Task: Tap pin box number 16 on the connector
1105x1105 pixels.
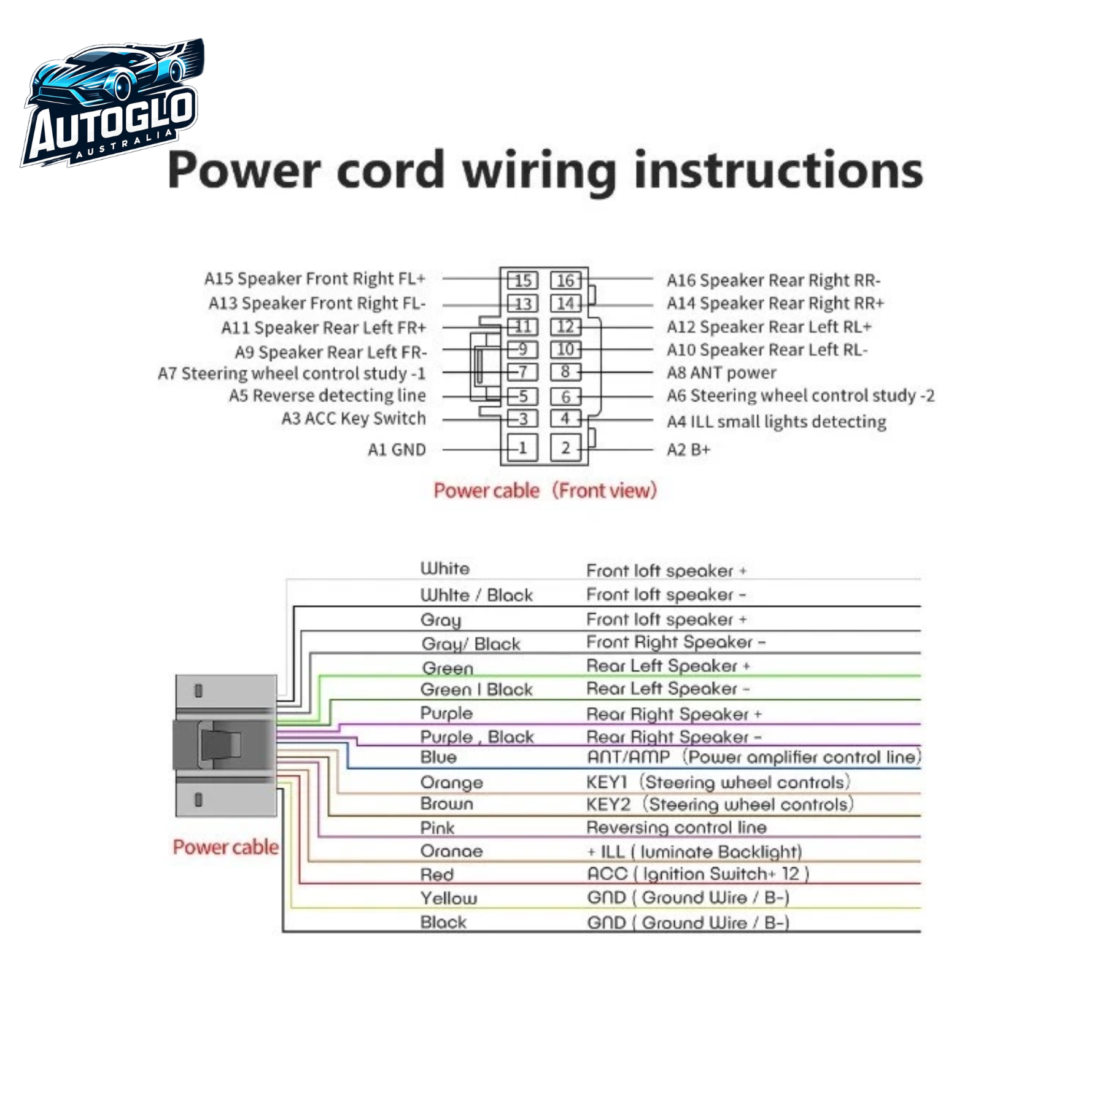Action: pyautogui.click(x=565, y=281)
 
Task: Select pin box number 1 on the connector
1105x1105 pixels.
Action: pyautogui.click(x=522, y=448)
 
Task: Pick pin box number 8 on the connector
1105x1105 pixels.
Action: pyautogui.click(x=565, y=372)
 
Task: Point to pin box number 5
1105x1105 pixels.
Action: pyautogui.click(x=522, y=397)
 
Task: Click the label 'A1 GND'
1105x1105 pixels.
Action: pyautogui.click(x=397, y=450)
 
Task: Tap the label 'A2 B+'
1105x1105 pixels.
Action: pyautogui.click(x=688, y=450)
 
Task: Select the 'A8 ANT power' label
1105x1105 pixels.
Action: pyautogui.click(x=721, y=373)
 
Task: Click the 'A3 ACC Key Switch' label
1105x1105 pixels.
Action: pyautogui.click(x=354, y=419)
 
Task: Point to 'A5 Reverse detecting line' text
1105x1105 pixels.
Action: pyautogui.click(x=327, y=395)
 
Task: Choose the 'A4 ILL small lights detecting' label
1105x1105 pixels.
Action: pyautogui.click(x=777, y=422)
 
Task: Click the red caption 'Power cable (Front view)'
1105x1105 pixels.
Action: pyautogui.click(x=545, y=490)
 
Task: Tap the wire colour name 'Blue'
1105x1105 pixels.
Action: pyautogui.click(x=438, y=758)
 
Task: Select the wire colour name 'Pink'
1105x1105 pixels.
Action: pyautogui.click(x=437, y=828)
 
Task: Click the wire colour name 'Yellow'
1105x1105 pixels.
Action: pyautogui.click(x=449, y=899)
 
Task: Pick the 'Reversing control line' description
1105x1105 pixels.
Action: pyautogui.click(x=677, y=828)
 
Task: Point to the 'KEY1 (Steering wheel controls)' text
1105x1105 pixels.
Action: pyautogui.click(x=718, y=782)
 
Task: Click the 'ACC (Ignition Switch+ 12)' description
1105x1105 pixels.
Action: pyautogui.click(x=698, y=874)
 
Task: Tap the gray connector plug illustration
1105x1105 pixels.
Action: pyautogui.click(x=225, y=745)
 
